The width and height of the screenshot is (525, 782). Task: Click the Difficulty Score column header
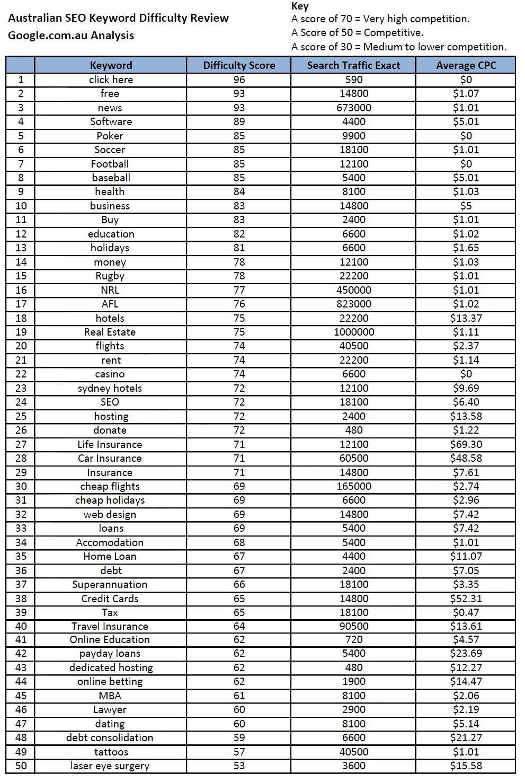(239, 65)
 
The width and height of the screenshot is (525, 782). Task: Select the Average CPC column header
(466, 65)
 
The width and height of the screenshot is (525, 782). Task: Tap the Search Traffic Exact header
(353, 65)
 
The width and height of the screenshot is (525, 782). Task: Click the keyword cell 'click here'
(111, 80)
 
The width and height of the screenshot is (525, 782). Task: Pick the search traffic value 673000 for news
(353, 108)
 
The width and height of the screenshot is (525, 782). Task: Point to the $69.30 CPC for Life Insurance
(466, 444)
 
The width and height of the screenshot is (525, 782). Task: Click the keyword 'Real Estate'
(110, 332)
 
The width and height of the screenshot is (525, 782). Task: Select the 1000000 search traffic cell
(353, 332)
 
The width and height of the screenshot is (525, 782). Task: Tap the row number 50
(21, 766)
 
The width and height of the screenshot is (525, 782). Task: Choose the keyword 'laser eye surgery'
(110, 766)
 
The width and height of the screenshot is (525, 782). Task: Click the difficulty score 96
(239, 80)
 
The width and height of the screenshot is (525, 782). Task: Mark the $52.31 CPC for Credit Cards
(466, 599)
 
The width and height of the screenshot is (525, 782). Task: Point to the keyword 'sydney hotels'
(110, 388)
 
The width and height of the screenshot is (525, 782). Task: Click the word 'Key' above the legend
(300, 6)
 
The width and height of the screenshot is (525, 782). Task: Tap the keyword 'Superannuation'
(110, 584)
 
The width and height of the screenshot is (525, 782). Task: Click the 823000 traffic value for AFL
(353, 304)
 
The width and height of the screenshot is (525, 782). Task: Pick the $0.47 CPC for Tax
(466, 612)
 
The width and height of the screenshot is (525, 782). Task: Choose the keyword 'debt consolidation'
(110, 737)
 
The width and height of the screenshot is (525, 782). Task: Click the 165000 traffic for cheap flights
(353, 486)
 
